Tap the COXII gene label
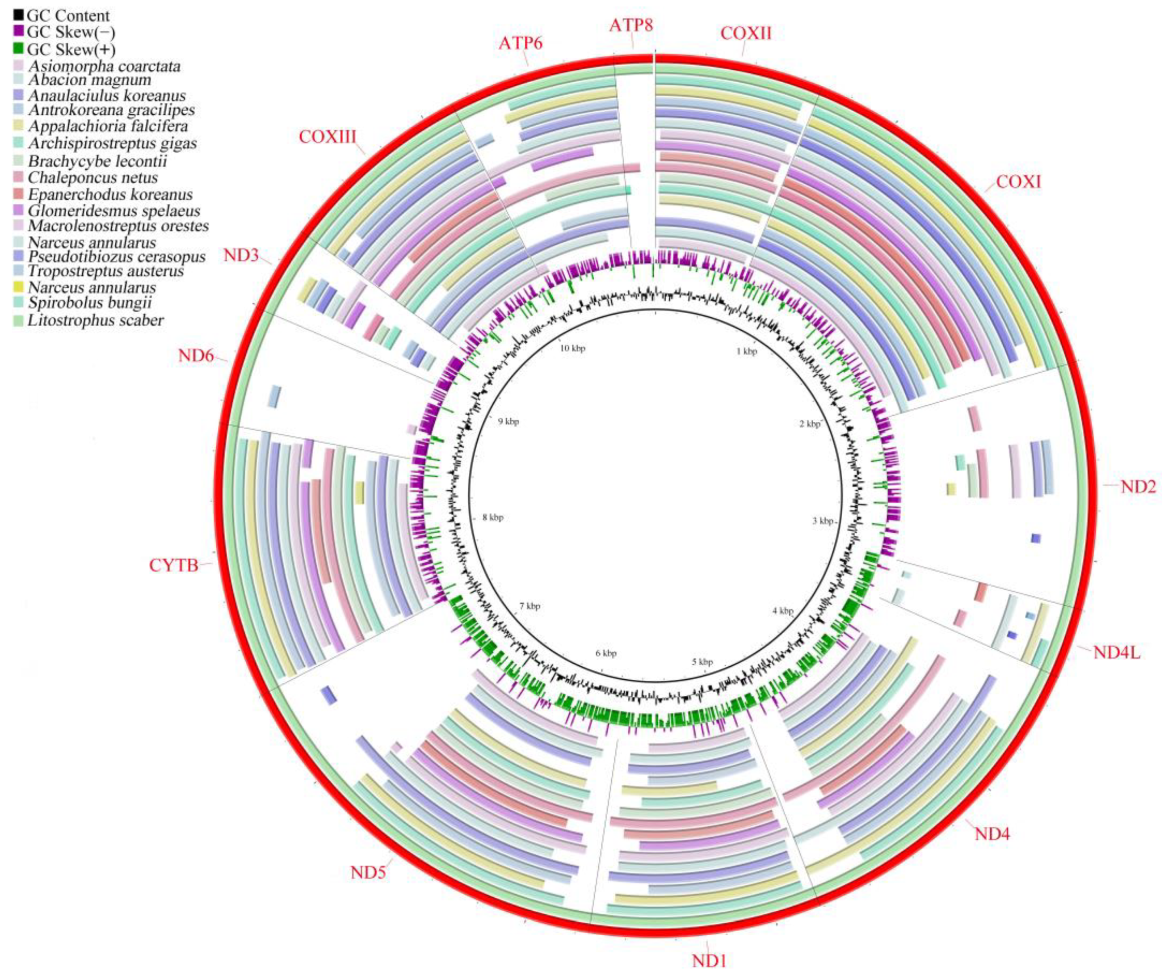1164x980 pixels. point(746,34)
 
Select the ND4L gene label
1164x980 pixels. point(1116,652)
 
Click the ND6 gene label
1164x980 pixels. point(196,356)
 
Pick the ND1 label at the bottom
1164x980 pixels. point(709,960)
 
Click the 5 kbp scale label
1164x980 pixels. point(702,662)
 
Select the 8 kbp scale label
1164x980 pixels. point(493,517)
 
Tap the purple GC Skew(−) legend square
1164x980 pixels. point(18,31)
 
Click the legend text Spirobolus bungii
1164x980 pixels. point(89,303)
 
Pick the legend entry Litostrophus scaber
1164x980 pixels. point(96,320)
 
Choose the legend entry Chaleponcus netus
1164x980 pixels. point(93,178)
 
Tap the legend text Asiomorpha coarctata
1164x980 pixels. point(104,66)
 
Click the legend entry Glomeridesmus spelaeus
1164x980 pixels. point(113,210)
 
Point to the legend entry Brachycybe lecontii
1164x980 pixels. point(97,161)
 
